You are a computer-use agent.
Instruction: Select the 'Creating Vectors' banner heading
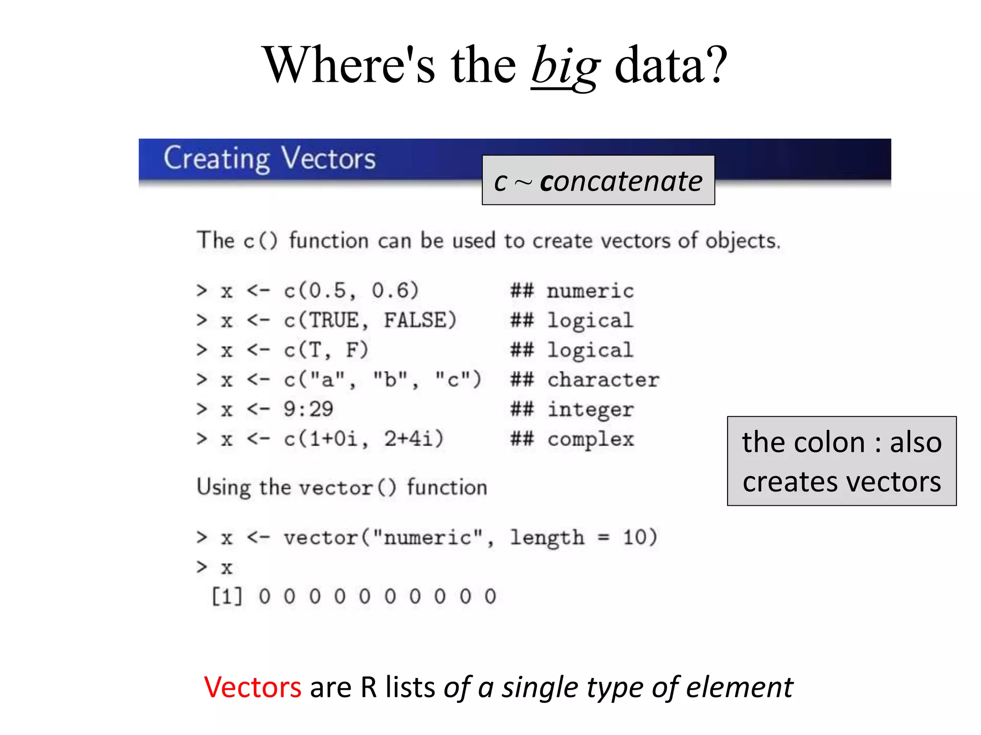[269, 158]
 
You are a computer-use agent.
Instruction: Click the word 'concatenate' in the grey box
[621, 181]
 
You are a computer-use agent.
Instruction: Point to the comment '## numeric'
[572, 291]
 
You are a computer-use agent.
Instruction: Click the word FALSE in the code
[420, 320]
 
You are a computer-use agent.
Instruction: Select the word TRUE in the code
[334, 320]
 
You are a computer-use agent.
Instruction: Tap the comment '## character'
[584, 380]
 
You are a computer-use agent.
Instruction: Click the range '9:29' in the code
[308, 409]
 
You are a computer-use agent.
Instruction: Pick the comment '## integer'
[572, 410]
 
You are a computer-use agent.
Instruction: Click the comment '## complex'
[572, 439]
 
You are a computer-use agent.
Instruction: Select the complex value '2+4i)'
[414, 439]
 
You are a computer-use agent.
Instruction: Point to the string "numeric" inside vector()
[427, 538]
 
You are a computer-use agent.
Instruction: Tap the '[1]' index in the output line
[227, 597]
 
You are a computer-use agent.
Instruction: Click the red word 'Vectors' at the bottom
[252, 687]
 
